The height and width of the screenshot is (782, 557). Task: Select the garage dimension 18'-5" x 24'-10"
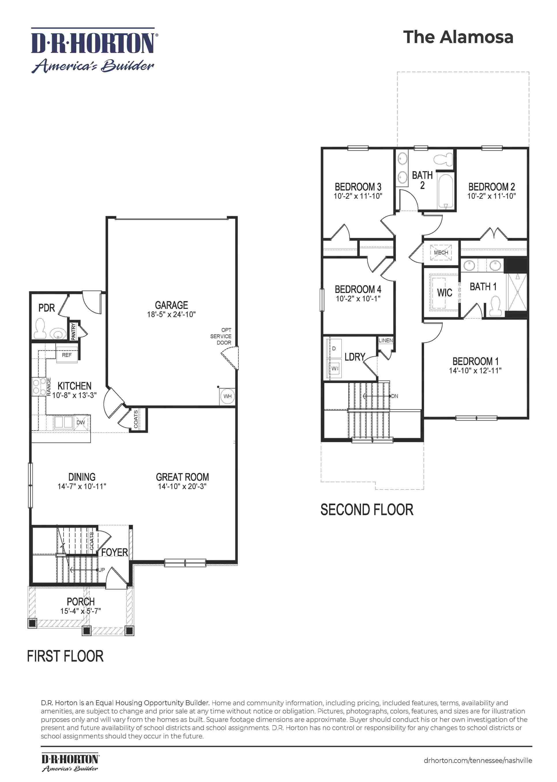tap(172, 314)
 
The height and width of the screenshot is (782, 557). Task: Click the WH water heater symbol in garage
tap(227, 396)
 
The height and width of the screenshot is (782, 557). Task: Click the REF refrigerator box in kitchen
tap(67, 355)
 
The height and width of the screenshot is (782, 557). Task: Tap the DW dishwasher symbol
tap(81, 422)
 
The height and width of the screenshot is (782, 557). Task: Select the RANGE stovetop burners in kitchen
tap(39, 386)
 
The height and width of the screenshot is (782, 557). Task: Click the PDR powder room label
tap(47, 308)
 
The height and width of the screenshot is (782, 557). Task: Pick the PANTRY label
tap(73, 331)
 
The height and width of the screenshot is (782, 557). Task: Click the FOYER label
tap(114, 552)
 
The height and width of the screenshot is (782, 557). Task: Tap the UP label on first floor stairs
tap(101, 570)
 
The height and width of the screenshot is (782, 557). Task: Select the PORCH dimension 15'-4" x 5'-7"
tap(81, 611)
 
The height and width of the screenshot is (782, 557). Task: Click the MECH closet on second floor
tap(441, 252)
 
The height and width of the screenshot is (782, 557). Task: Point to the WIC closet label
tap(445, 293)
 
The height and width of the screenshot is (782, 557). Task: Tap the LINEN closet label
tap(385, 340)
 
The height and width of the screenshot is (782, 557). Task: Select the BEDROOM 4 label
tap(358, 289)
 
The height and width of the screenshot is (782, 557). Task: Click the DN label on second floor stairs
tap(395, 396)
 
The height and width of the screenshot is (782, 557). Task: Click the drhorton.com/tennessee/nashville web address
tap(478, 760)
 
